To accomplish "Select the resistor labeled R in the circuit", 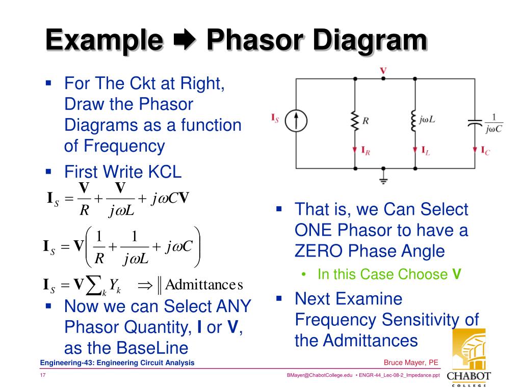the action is click(354, 121).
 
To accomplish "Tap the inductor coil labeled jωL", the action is click(414, 121).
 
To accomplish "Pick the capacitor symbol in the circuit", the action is click(475, 122).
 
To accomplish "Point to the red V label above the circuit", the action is click(383, 70).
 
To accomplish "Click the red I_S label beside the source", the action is click(275, 119).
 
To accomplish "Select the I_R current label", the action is click(365, 150).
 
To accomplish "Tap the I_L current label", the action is click(426, 150).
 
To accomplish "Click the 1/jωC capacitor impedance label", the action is click(493, 123).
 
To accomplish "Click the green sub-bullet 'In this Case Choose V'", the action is click(389, 274).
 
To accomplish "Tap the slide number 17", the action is click(43, 375).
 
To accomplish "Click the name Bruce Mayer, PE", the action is click(411, 362).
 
